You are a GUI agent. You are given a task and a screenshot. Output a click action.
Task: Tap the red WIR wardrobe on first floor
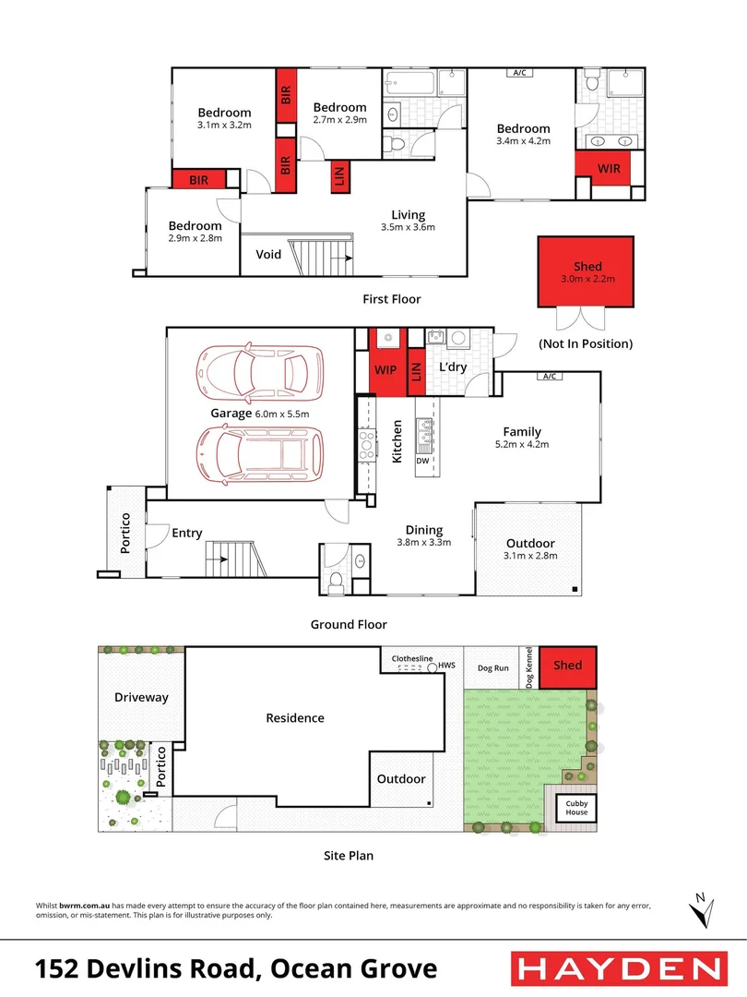[x=608, y=168]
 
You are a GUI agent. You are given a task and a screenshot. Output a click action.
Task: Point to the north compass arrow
[x=703, y=908]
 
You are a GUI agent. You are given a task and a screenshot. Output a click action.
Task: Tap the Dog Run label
[x=492, y=667]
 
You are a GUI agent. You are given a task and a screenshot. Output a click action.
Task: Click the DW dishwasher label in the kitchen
[x=423, y=459]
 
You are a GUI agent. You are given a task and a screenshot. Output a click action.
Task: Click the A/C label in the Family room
[x=551, y=377]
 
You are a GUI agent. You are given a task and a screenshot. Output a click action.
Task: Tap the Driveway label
[x=141, y=697]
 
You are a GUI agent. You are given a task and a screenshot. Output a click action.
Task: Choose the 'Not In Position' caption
[x=586, y=343]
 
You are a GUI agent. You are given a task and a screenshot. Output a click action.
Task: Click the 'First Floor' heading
[x=393, y=299]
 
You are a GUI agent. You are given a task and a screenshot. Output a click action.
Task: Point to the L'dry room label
[x=452, y=366]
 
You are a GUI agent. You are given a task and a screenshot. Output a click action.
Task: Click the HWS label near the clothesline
[x=447, y=665]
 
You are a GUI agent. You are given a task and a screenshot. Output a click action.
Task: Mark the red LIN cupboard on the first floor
[x=339, y=177]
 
